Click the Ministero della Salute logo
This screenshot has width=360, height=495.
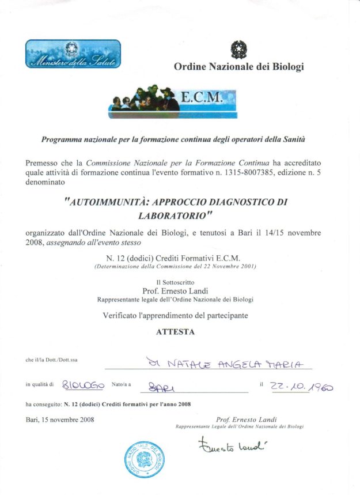[73, 54]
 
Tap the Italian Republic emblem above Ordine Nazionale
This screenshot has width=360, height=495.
[238, 50]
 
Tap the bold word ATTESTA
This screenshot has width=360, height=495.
[175, 331]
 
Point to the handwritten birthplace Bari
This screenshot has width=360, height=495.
[162, 386]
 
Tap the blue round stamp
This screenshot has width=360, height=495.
[142, 459]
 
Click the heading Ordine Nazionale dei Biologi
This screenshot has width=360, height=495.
[238, 67]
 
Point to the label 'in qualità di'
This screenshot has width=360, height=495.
[40, 384]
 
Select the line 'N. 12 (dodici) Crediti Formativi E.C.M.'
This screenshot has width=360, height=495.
[175, 258]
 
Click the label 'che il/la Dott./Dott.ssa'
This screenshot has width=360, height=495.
[52, 360]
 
